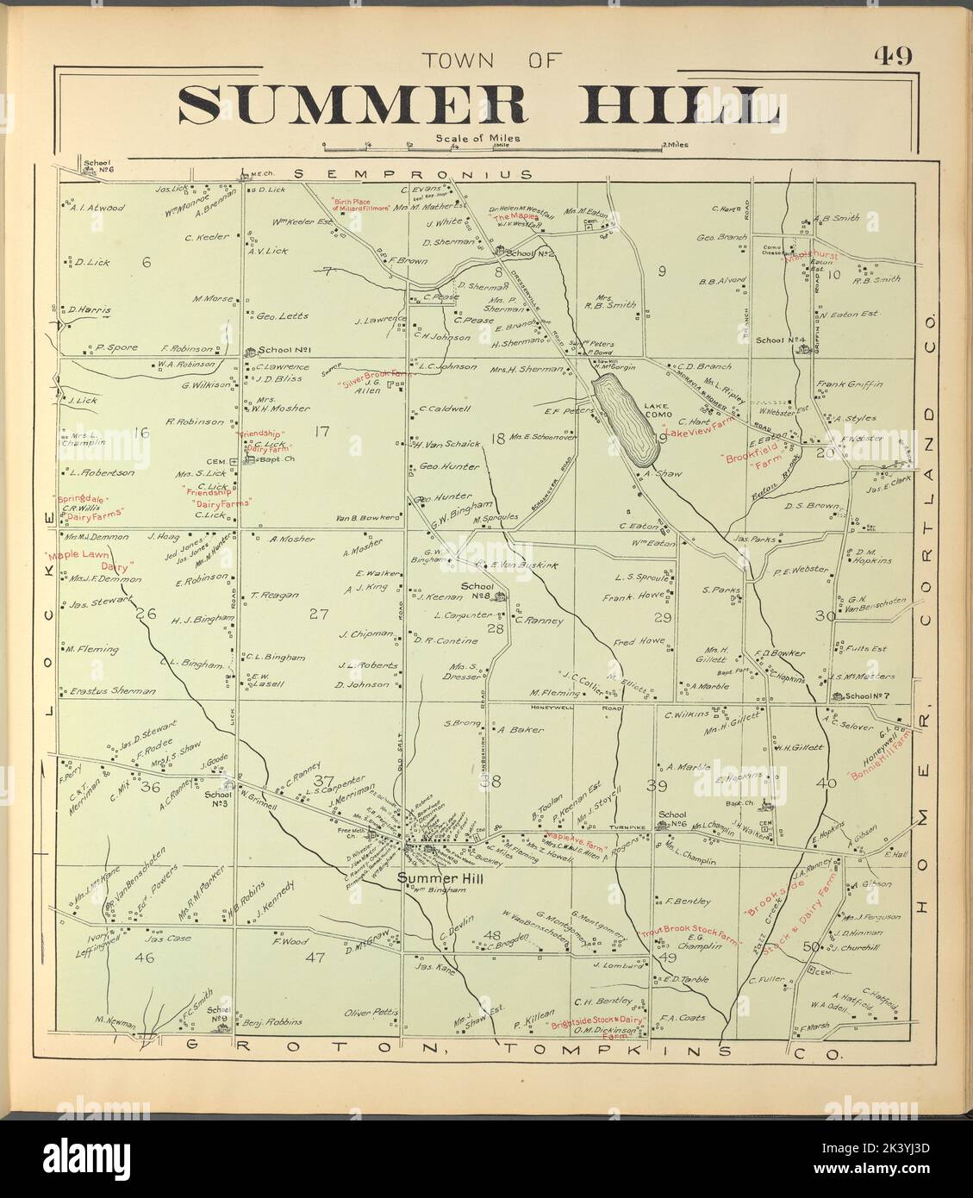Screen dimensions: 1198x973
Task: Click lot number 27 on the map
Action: pyautogui.click(x=319, y=615)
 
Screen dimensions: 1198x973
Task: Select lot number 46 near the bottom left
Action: pyautogui.click(x=143, y=957)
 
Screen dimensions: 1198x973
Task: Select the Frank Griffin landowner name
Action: pyautogui.click(x=849, y=384)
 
